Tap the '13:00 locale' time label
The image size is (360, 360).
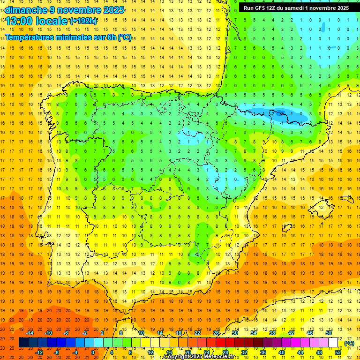(x=36, y=21)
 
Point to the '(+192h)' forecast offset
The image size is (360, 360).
(x=83, y=21)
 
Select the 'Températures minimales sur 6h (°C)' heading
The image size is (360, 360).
(x=68, y=37)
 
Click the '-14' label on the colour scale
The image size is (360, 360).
(x=30, y=333)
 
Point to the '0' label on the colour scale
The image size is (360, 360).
(x=92, y=352)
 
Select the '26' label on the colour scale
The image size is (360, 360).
(x=216, y=333)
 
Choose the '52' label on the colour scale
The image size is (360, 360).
(x=338, y=352)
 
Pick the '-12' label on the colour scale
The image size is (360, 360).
(x=39, y=352)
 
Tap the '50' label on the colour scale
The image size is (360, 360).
(x=329, y=333)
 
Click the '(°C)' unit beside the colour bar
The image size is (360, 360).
(x=349, y=343)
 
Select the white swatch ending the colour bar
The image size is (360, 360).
(x=333, y=343)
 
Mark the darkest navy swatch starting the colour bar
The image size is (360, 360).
(x=23, y=343)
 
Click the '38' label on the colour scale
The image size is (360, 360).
(x=272, y=333)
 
